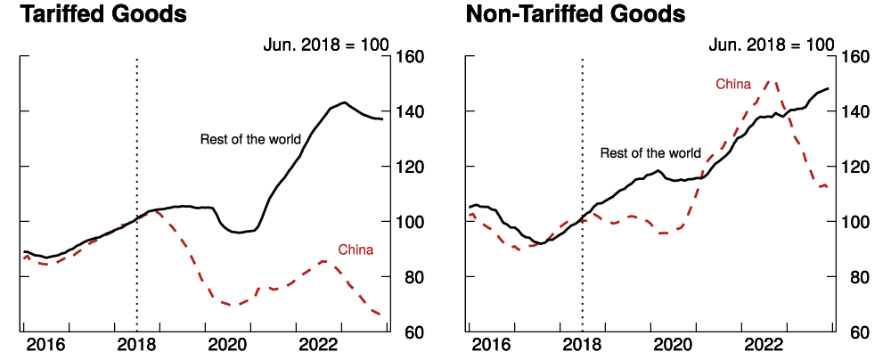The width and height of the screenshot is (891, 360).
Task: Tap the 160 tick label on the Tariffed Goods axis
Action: [414, 57]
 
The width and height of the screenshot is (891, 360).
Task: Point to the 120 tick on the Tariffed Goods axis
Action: [414, 167]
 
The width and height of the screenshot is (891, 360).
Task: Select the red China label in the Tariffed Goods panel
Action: [356, 250]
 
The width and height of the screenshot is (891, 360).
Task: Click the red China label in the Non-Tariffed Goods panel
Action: [733, 84]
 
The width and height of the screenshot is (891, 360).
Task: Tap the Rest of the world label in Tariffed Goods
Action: [250, 139]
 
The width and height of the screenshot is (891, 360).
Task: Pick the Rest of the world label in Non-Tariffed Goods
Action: [650, 153]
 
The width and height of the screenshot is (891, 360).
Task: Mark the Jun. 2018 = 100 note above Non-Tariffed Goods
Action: [772, 44]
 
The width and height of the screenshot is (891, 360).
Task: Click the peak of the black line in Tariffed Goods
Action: [345, 102]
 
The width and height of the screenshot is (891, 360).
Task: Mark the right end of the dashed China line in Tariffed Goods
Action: [380, 315]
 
